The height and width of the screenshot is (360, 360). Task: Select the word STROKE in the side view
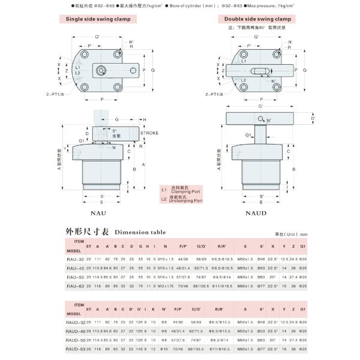coord(149,133)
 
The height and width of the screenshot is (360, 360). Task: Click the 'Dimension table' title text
coord(140,232)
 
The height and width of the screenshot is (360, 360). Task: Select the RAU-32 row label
coord(75,259)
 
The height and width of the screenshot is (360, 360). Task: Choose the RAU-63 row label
coord(75,287)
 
